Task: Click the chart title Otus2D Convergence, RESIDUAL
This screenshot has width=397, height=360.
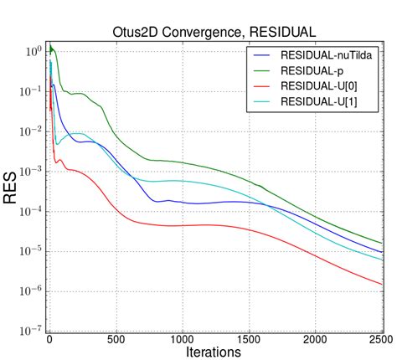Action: (214, 32)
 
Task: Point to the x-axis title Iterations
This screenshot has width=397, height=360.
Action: (214, 352)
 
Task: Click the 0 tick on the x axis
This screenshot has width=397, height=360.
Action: (49, 339)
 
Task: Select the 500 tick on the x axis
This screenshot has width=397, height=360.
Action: (116, 339)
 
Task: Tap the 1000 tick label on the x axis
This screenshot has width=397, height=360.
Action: (182, 339)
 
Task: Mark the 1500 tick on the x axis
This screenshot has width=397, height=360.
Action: (249, 339)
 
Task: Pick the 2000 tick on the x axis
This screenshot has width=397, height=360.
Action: (315, 339)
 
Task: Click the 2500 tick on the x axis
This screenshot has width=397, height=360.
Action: (381, 339)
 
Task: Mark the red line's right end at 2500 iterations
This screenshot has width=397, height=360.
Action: (382, 285)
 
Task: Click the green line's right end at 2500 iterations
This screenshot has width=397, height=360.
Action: (382, 243)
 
